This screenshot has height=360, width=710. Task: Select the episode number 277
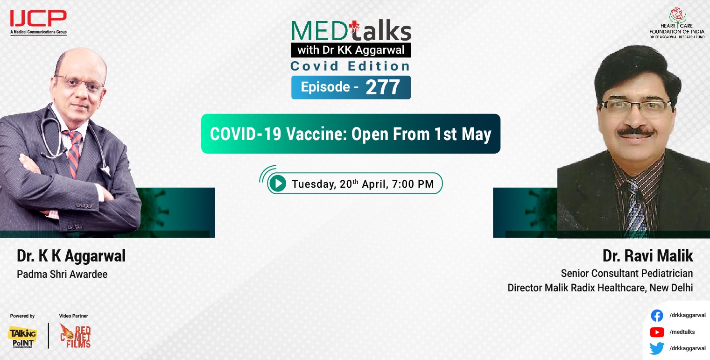[383, 87]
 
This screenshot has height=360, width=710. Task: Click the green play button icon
[278, 184]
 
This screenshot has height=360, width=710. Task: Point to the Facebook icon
[657, 316]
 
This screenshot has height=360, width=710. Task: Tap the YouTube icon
[657, 332]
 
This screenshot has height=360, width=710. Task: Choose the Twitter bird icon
[657, 348]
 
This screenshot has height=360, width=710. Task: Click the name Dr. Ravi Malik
[647, 256]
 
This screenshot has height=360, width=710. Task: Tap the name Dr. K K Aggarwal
[71, 256]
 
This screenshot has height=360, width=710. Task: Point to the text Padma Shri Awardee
[62, 274]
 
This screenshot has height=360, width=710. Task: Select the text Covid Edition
[350, 66]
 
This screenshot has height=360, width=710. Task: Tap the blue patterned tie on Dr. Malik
[635, 205]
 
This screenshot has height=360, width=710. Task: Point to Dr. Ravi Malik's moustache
[635, 132]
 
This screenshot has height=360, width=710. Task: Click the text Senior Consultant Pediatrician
[626, 273]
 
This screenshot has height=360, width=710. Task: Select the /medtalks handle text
[682, 332]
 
